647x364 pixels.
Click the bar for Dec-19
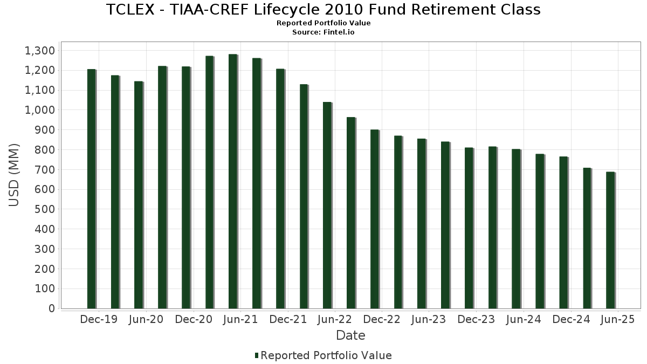(91, 189)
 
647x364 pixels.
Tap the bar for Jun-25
(610, 240)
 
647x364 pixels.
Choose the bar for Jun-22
(327, 205)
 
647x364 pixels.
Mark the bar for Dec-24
(563, 232)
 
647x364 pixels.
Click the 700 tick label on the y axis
(45, 170)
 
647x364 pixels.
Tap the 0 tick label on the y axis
(52, 308)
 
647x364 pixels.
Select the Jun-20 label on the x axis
(146, 319)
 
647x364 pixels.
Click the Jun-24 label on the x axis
(523, 319)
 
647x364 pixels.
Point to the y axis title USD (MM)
(15, 175)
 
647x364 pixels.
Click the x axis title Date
(350, 335)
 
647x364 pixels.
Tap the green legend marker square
(257, 355)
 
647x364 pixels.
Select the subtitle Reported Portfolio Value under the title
(323, 23)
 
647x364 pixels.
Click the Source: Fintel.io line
(323, 32)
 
